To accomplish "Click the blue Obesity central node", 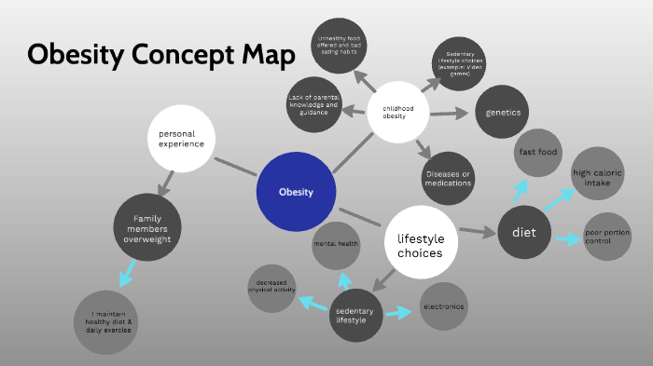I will pos(296,192).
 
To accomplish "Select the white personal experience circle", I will pos(182,140).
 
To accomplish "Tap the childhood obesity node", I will pos(398,112).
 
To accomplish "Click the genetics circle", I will pos(503,112).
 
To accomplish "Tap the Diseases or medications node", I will pos(448,178).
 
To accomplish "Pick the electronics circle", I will pos(443,306).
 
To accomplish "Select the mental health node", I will pos(335,244).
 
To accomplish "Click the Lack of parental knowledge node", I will pos(314,104).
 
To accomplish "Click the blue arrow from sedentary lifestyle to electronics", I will pos(398,313).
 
